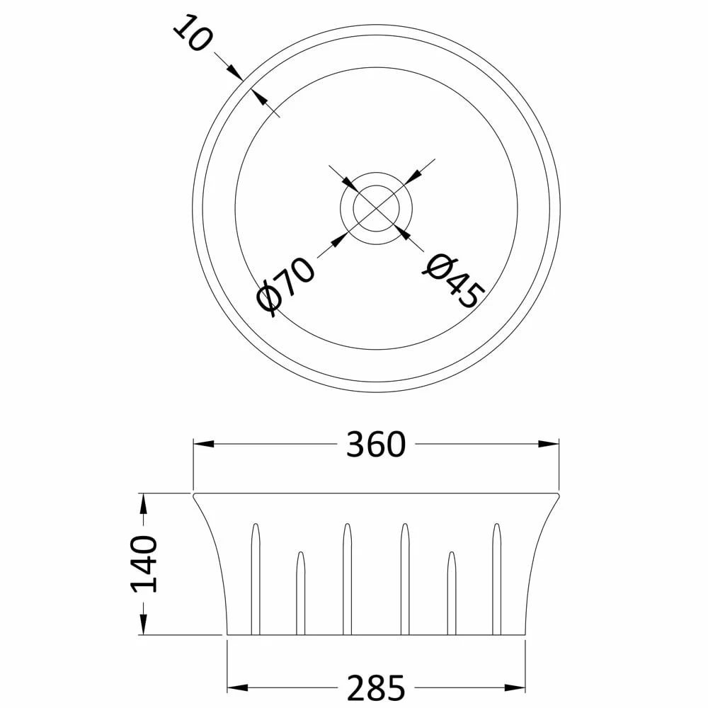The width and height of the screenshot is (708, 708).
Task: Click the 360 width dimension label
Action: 376,445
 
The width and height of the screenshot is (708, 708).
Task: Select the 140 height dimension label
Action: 144,564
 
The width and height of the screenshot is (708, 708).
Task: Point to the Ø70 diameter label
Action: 285,286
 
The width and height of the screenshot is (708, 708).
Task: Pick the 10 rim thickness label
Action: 192,33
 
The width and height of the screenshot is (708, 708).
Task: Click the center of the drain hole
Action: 376,209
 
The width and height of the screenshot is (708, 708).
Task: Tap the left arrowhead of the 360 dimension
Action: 204,444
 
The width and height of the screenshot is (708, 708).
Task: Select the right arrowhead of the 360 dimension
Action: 549,444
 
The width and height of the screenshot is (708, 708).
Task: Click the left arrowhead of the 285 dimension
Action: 237,688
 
